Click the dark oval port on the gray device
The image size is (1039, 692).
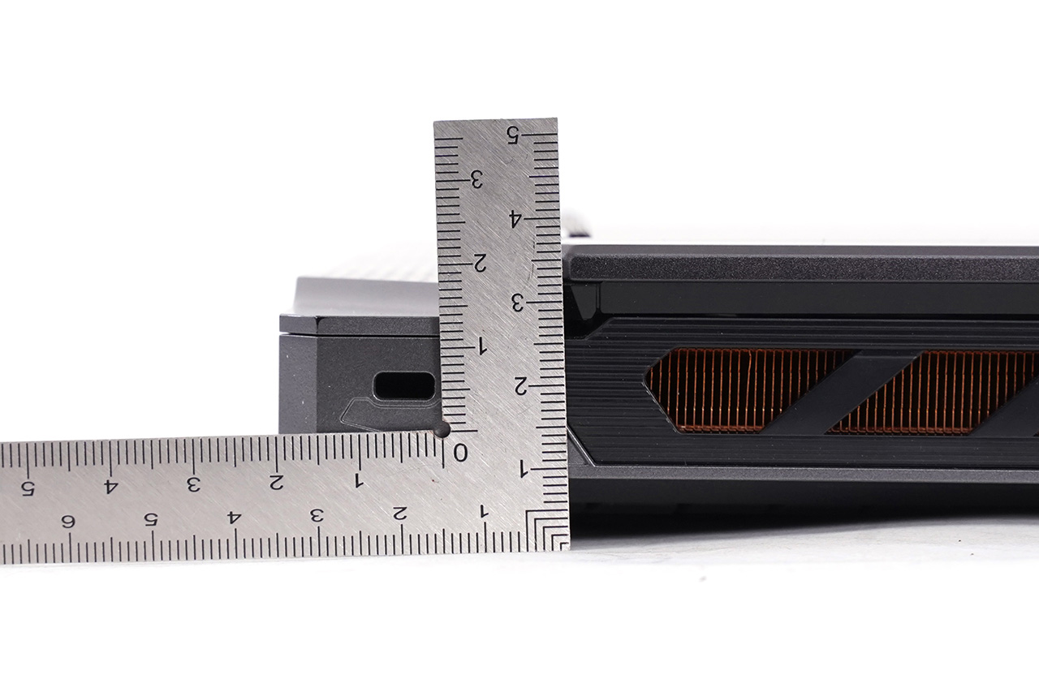coord(404,385)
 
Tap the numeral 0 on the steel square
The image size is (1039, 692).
coord(459,453)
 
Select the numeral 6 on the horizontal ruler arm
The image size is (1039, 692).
coord(68,522)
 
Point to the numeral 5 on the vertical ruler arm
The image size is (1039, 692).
coord(512,135)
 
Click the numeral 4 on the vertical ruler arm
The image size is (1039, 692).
coord(515,218)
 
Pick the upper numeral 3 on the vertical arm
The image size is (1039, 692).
coord(476,179)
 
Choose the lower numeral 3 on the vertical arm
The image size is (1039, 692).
coord(518,303)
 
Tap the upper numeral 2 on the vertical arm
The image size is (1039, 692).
coord(479,263)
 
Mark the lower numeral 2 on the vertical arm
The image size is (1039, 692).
coord(521,386)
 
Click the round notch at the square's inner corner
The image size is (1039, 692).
coord(441,430)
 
